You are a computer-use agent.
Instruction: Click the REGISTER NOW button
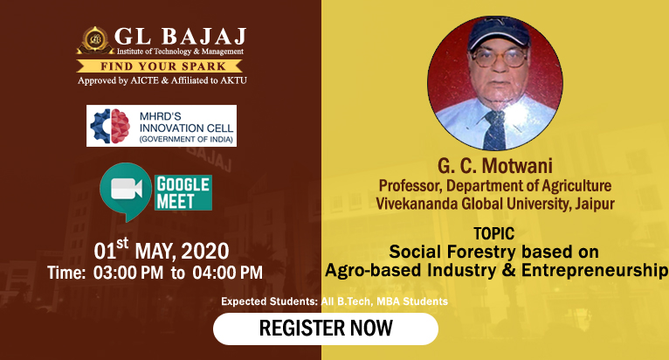pyautogui.click(x=326, y=329)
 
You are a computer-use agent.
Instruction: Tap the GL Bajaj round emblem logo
pyautogui.click(x=95, y=40)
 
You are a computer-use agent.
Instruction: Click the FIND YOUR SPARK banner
pyautogui.click(x=160, y=66)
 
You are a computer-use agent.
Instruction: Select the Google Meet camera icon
pyautogui.click(x=126, y=191)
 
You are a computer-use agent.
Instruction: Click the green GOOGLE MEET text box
pyautogui.click(x=183, y=192)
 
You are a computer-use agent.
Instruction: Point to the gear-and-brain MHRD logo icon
pyautogui.click(x=110, y=126)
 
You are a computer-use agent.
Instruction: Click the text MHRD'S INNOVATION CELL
pyautogui.click(x=186, y=122)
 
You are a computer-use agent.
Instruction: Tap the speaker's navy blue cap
pyautogui.click(x=499, y=33)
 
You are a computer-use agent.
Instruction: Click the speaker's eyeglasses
pyautogui.click(x=499, y=59)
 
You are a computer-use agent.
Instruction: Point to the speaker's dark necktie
pyautogui.click(x=495, y=130)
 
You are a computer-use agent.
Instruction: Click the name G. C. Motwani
pyautogui.click(x=495, y=166)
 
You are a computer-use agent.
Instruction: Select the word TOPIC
pyautogui.click(x=494, y=233)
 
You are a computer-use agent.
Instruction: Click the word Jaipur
pyautogui.click(x=595, y=204)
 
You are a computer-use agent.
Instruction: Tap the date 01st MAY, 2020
pyautogui.click(x=162, y=249)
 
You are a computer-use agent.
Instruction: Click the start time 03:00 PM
pyautogui.click(x=128, y=273)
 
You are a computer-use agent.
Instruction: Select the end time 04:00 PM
pyautogui.click(x=227, y=273)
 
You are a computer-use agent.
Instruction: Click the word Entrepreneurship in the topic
pyautogui.click(x=595, y=271)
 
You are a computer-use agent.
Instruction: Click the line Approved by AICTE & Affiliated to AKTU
pyautogui.click(x=162, y=80)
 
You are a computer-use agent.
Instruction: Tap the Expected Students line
pyautogui.click(x=334, y=301)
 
